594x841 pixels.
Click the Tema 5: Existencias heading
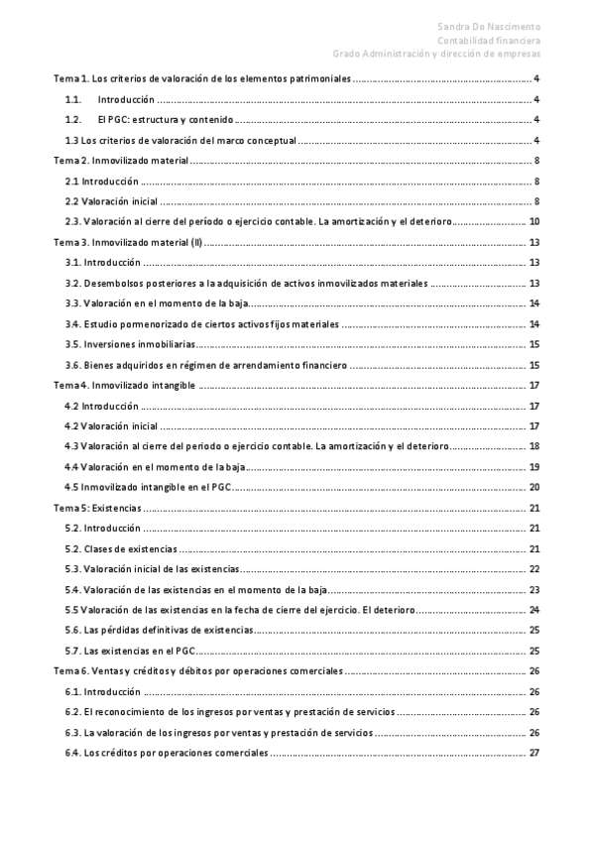[x=96, y=507]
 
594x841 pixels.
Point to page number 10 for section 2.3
[x=534, y=222]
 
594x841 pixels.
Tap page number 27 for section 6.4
[x=534, y=754]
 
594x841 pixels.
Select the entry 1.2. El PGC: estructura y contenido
[x=149, y=119]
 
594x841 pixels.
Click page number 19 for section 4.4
[x=534, y=467]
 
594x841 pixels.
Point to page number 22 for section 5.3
[x=534, y=569]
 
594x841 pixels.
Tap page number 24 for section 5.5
[x=534, y=610]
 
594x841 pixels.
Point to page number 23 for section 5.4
[x=534, y=590]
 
